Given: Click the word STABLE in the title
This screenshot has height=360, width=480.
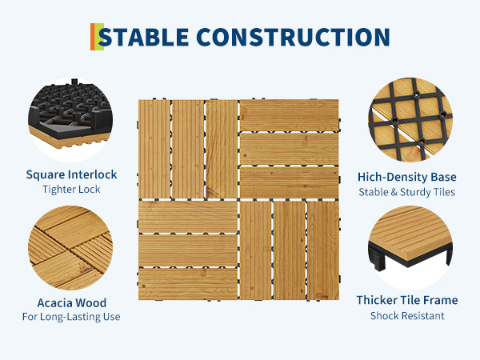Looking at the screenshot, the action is coord(143,37).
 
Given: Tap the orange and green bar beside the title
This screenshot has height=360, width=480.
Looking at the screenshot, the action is coord(97,37).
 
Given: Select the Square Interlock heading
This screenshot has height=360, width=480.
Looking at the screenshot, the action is coord(71,174).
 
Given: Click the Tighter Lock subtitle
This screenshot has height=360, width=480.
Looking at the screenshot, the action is coord(71,190).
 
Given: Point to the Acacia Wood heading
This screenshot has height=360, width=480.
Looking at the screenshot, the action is coord(72,302).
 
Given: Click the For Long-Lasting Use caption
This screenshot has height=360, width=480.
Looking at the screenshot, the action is coord(71,317).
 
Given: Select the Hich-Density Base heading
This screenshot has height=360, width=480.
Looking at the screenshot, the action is coord(407,177).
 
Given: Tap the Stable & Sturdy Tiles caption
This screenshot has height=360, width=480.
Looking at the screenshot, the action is coord(407,192).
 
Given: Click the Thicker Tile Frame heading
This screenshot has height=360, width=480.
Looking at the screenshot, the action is coord(407,300).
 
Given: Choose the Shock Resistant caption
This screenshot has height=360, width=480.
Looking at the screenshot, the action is coord(407,316).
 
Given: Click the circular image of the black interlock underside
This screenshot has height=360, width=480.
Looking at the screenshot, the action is coord(70,120).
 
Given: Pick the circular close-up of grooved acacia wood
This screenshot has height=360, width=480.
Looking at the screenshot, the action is coord(70,248).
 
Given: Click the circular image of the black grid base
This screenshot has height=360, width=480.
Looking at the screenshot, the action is coord(410,120).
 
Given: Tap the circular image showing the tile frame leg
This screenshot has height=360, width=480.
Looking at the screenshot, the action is coord(410,248).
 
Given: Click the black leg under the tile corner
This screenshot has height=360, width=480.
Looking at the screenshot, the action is coord(378,259).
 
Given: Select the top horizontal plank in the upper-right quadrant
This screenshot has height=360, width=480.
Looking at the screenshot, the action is coord(290,115).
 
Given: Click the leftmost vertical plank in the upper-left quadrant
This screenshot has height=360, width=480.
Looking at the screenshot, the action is coord(154,149).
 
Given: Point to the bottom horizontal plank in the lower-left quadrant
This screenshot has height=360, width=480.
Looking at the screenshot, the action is coord(188,284).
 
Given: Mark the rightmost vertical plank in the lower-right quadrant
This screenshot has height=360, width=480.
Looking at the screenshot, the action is coord(323,250).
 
